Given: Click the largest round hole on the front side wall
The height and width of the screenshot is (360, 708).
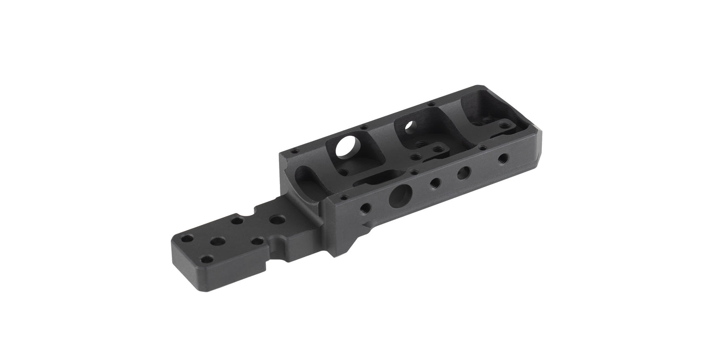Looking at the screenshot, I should tap(400, 196).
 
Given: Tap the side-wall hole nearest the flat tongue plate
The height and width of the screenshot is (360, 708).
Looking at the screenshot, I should tap(364, 207).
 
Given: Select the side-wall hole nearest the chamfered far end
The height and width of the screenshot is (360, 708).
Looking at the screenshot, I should tap(504, 157).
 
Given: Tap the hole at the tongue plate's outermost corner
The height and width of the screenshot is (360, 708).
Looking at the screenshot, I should tap(187, 238).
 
